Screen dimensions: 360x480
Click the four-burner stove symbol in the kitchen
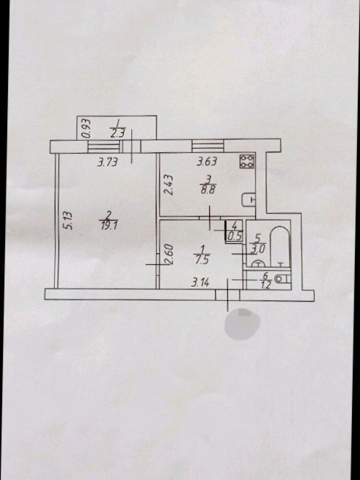[x=247, y=161]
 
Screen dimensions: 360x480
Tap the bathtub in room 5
[x=280, y=246]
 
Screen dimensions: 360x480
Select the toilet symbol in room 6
[x=282, y=279]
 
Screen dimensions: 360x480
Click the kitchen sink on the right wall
[x=249, y=200]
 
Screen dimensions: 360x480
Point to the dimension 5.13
[x=69, y=220]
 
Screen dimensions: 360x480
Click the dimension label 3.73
[x=107, y=162]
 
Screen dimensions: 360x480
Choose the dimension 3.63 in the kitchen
[x=207, y=161]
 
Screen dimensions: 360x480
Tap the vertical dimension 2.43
[x=169, y=184]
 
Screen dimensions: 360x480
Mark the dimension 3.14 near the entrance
[x=200, y=282]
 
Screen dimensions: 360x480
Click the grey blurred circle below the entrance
[x=242, y=324]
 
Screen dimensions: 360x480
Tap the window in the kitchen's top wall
[x=208, y=146]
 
